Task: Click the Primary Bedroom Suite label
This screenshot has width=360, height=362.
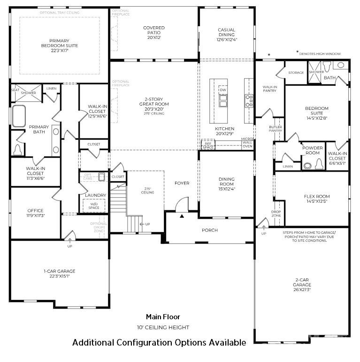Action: click(x=59, y=46)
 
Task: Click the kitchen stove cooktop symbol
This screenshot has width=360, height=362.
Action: click(x=249, y=100)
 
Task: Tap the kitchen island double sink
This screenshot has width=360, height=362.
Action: click(x=222, y=100)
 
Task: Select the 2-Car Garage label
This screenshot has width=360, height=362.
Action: click(x=302, y=285)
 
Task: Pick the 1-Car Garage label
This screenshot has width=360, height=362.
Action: click(x=59, y=274)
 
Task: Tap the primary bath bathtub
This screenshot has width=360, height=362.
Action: click(x=19, y=116)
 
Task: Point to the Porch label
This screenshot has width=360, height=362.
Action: click(x=209, y=230)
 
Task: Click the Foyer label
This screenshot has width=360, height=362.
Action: click(x=182, y=183)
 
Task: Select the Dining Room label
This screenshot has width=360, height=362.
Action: click(x=226, y=184)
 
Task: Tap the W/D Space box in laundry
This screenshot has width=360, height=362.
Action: click(x=94, y=206)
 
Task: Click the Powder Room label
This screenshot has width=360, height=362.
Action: click(x=312, y=150)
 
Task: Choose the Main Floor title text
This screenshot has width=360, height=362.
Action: click(x=163, y=317)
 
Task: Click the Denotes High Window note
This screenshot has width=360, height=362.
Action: click(x=323, y=54)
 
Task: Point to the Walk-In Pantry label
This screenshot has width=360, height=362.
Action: click(x=269, y=89)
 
